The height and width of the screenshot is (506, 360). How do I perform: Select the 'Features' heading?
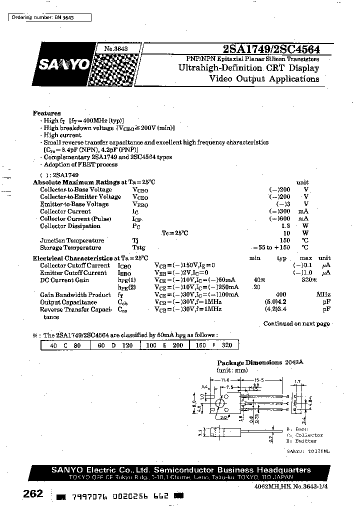click(x=46, y=113)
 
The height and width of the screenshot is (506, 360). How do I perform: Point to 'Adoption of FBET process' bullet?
click(x=80, y=164)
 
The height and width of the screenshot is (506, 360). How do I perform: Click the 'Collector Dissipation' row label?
click(x=70, y=226)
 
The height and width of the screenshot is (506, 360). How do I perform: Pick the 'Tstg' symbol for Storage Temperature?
click(x=138, y=247)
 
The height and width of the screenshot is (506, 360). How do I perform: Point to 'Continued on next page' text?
click(x=296, y=323)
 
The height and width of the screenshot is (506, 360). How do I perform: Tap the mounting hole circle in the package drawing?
click(x=219, y=403)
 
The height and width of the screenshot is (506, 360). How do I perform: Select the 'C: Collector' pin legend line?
click(x=305, y=435)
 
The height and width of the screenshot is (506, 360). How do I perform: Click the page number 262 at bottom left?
click(x=33, y=494)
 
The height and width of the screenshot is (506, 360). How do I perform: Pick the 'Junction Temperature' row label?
click(x=72, y=240)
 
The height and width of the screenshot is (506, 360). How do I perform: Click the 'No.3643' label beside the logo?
click(x=116, y=48)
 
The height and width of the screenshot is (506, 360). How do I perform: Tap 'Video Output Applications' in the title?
click(x=264, y=79)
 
